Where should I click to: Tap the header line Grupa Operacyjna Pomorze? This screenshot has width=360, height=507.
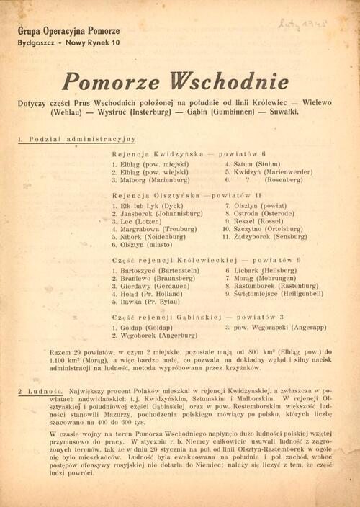pyautogui.click(x=69, y=32)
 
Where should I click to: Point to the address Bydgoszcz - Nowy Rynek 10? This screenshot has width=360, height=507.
pyautogui.click(x=69, y=43)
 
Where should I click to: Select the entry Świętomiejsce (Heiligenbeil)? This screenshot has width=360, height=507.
pyautogui.click(x=275, y=294)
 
